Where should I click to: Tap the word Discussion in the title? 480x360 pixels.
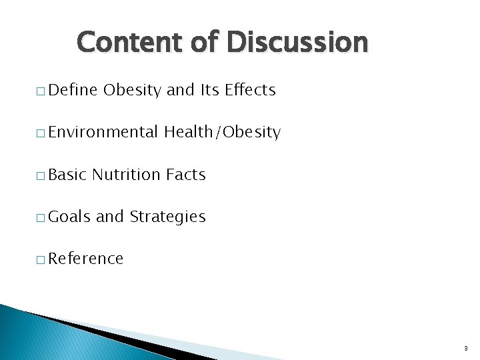click(x=297, y=42)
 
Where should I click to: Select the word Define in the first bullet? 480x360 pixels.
click(x=73, y=90)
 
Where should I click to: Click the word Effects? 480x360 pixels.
click(x=250, y=90)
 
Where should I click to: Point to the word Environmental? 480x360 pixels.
click(x=103, y=132)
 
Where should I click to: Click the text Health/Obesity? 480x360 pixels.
click(x=223, y=132)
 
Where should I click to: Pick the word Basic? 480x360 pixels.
click(x=68, y=175)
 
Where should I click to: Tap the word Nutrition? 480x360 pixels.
click(x=127, y=175)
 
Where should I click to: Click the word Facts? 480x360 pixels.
click(x=186, y=175)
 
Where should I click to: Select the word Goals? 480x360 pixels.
click(x=70, y=217)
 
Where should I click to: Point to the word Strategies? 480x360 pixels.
click(x=167, y=217)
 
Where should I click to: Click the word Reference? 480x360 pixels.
click(x=86, y=259)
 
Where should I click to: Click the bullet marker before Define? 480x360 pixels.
click(x=41, y=91)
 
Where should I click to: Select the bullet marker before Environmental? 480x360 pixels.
click(x=41, y=133)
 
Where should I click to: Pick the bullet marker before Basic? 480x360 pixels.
click(x=41, y=176)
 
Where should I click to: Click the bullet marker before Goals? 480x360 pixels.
click(x=41, y=218)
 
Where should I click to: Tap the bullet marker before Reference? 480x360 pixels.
click(x=41, y=260)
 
